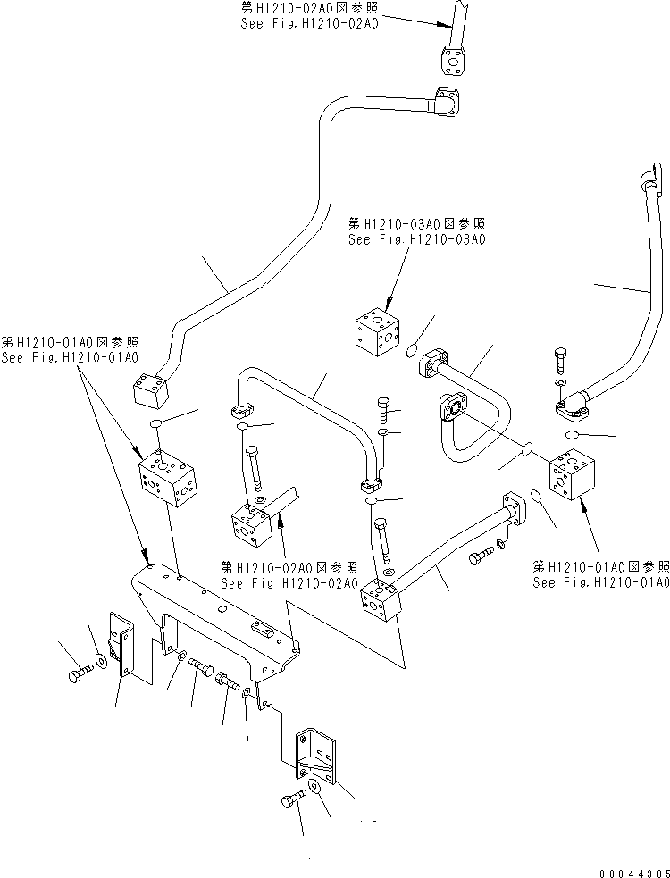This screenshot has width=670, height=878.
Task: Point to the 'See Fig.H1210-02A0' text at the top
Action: click(309, 24)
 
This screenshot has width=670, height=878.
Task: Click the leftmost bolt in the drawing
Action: click(79, 673)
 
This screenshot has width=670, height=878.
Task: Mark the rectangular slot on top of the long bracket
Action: click(263, 628)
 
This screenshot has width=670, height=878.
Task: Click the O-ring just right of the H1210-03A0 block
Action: click(413, 348)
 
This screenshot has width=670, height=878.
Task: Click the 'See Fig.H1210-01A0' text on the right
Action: click(600, 583)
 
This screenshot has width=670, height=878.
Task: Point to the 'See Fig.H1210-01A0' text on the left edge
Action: click(70, 358)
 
